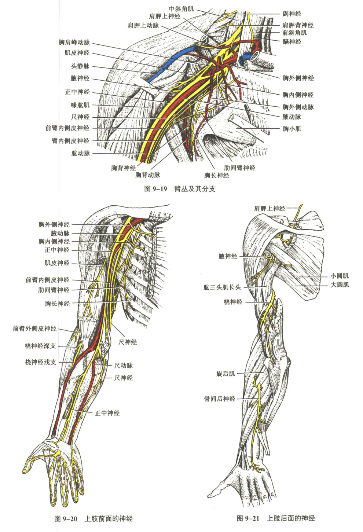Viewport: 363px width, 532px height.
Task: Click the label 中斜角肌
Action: [x=181, y=9]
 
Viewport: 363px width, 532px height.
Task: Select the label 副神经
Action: [x=292, y=14]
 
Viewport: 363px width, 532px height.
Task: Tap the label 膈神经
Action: [x=292, y=42]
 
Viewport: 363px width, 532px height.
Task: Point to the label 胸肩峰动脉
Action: [x=74, y=43]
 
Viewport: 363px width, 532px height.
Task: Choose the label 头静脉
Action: [x=80, y=66]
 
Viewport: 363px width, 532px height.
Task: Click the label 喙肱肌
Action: [x=80, y=105]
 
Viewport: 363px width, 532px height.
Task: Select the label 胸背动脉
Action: [x=147, y=175]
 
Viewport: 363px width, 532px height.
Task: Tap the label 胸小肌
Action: [x=292, y=129]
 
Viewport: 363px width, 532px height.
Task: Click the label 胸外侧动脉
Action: [x=298, y=107]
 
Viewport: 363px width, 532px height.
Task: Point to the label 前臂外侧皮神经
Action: [x=35, y=329]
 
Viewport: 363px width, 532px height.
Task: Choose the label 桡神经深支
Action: [x=40, y=346]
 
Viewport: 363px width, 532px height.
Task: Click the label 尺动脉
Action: [x=123, y=365]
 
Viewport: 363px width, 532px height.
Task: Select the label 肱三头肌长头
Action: [x=222, y=287]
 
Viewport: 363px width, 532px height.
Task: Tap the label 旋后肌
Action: [x=225, y=374]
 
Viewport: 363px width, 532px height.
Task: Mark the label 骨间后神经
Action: [x=220, y=399]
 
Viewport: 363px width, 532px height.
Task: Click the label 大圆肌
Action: [x=340, y=285]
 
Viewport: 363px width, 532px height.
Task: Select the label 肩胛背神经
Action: [x=298, y=25]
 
